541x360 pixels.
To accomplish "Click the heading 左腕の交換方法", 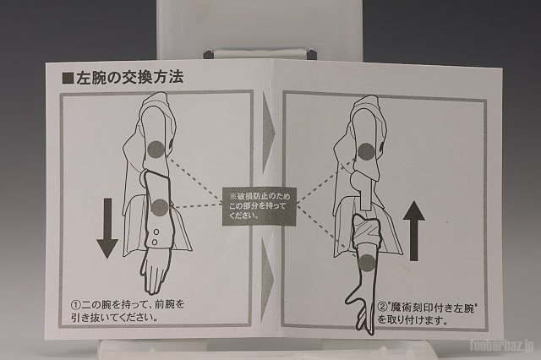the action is (129, 78).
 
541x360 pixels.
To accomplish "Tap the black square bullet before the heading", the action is (68, 79).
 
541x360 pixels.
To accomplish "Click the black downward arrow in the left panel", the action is (107, 228).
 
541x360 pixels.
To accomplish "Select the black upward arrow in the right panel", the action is (413, 231).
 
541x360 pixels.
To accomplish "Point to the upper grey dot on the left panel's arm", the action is (156, 150).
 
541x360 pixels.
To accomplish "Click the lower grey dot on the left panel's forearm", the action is (160, 207).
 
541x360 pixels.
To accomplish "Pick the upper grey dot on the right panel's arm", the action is (366, 152).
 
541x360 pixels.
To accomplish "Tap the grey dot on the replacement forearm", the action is (366, 263).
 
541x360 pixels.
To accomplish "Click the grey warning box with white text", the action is (260, 206).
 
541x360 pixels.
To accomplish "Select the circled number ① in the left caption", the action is (75, 305).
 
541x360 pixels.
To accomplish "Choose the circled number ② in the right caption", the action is (382, 308).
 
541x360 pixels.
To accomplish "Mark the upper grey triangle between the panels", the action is (268, 133).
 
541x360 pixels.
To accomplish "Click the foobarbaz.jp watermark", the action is (501, 345).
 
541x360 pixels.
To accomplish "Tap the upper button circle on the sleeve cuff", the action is (156, 232).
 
